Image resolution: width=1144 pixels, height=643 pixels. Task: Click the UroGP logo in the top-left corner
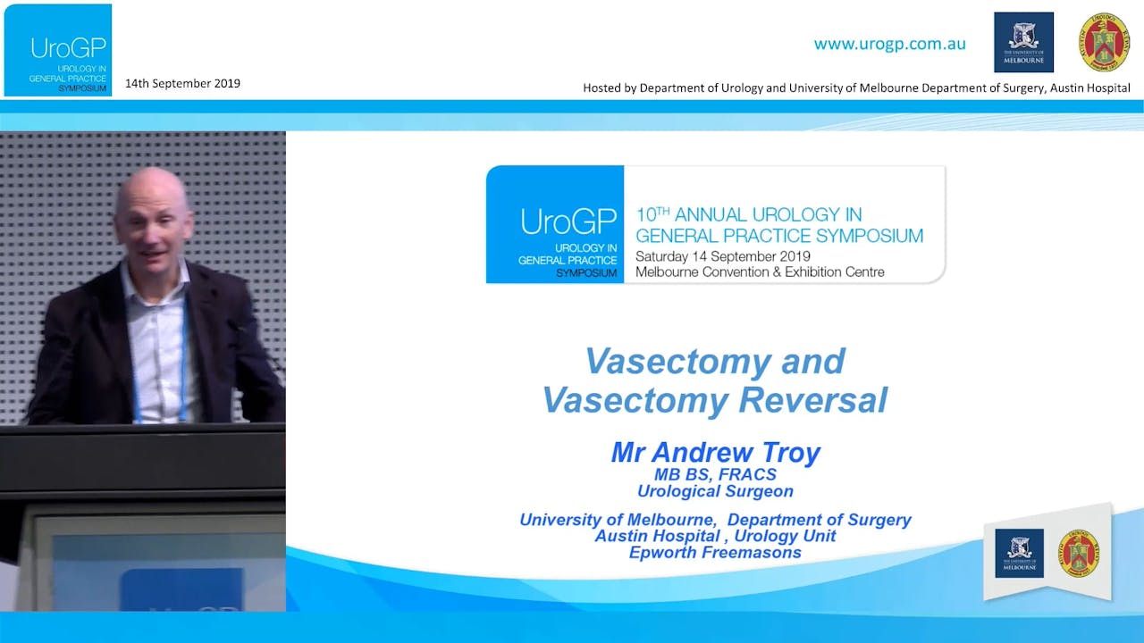(x=58, y=49)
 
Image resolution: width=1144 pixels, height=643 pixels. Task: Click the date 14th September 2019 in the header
(x=182, y=84)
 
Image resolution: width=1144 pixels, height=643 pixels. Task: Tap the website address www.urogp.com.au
(x=889, y=44)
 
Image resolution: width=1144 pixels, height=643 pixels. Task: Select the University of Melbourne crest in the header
(x=1023, y=42)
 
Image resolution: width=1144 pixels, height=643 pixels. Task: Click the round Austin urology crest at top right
(x=1104, y=42)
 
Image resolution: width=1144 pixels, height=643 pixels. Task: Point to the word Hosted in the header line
(x=603, y=88)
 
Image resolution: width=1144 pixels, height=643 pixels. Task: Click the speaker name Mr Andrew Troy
(x=715, y=453)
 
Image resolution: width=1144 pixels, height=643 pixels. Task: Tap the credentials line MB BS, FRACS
(x=715, y=474)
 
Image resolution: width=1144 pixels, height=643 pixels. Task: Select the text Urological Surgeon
(x=715, y=491)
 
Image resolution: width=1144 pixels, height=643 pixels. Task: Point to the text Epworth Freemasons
(x=715, y=553)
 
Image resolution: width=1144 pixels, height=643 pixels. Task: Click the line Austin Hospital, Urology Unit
(x=715, y=536)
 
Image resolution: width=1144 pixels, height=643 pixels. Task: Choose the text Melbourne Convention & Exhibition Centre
(x=760, y=272)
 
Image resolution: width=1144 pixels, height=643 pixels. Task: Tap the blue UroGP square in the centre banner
(x=555, y=224)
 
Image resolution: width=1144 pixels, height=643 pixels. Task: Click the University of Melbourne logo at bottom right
(x=1019, y=553)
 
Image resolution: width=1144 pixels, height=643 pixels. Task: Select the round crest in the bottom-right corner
(x=1079, y=553)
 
